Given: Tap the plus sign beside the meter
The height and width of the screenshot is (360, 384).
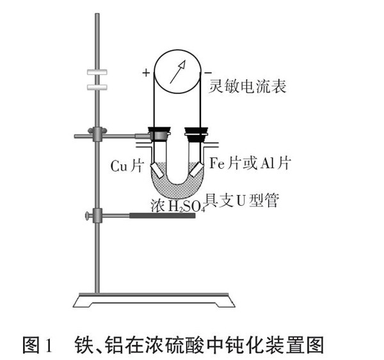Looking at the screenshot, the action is (x=147, y=73).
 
